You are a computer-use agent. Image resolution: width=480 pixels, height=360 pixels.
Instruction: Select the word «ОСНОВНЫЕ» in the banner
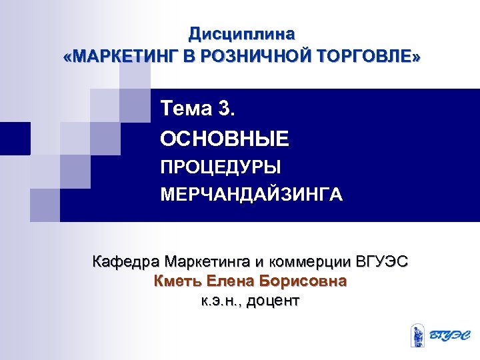tap(225, 139)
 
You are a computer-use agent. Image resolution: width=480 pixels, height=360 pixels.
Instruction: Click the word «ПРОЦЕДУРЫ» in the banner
tap(221, 167)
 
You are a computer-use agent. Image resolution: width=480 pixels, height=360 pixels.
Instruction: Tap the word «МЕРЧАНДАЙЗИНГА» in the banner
tap(251, 195)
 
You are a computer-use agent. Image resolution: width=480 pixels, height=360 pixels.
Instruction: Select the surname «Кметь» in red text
tap(177, 281)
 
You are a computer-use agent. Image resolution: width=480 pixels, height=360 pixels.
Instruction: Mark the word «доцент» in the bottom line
tap(273, 301)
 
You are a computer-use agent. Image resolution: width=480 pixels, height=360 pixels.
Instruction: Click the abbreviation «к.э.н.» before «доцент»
tap(221, 301)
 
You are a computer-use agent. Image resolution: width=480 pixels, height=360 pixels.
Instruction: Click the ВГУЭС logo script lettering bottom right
tap(448, 335)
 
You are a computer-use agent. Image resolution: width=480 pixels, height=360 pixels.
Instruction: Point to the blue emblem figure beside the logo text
tap(417, 334)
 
